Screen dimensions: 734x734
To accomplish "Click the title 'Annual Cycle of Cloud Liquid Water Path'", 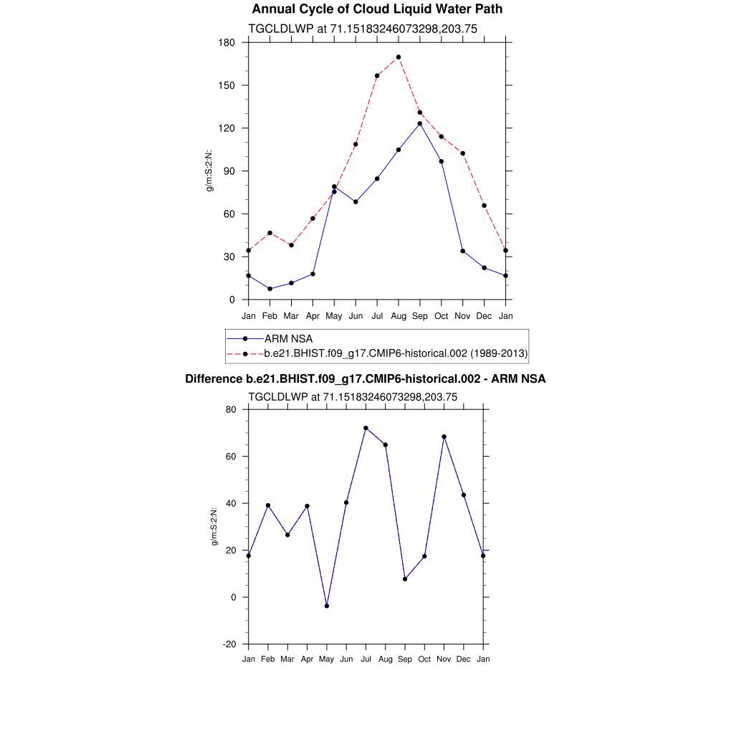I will [377, 9].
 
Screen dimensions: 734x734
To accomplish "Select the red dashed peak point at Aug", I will [399, 57].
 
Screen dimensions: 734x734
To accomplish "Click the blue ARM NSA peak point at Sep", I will [420, 123].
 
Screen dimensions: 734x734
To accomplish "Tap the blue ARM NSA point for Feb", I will [270, 289].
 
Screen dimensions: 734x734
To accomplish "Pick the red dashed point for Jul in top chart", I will [377, 76].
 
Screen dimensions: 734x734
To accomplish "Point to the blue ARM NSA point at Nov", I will [463, 251].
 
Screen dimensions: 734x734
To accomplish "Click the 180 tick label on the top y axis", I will [228, 42].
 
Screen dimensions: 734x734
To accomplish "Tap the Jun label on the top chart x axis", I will [356, 315].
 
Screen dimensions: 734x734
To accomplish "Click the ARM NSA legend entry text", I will [288, 338].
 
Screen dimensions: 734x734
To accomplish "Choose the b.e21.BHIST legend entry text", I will [396, 353].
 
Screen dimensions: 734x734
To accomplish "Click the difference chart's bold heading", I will [366, 378].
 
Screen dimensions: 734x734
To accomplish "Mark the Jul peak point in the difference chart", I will [366, 428].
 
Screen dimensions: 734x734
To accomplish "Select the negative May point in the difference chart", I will [327, 606].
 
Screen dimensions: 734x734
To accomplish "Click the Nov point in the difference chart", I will [444, 437].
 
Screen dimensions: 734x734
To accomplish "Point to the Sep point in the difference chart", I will [405, 578].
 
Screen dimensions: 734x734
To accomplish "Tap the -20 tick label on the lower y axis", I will [229, 644].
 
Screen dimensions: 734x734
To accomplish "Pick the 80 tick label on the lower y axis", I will [231, 410].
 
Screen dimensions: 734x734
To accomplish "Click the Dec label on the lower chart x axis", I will [464, 659].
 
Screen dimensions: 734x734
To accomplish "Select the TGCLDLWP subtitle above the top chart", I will [363, 29].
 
